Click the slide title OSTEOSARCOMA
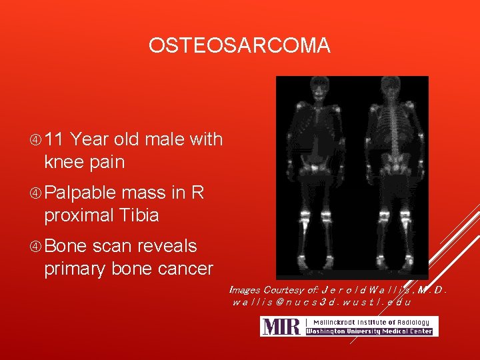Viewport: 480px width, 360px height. pos(239,45)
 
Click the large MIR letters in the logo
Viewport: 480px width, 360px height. pos(280,327)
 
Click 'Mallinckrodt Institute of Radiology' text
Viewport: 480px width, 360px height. pos(369,322)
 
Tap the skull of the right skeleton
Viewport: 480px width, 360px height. pos(389,87)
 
